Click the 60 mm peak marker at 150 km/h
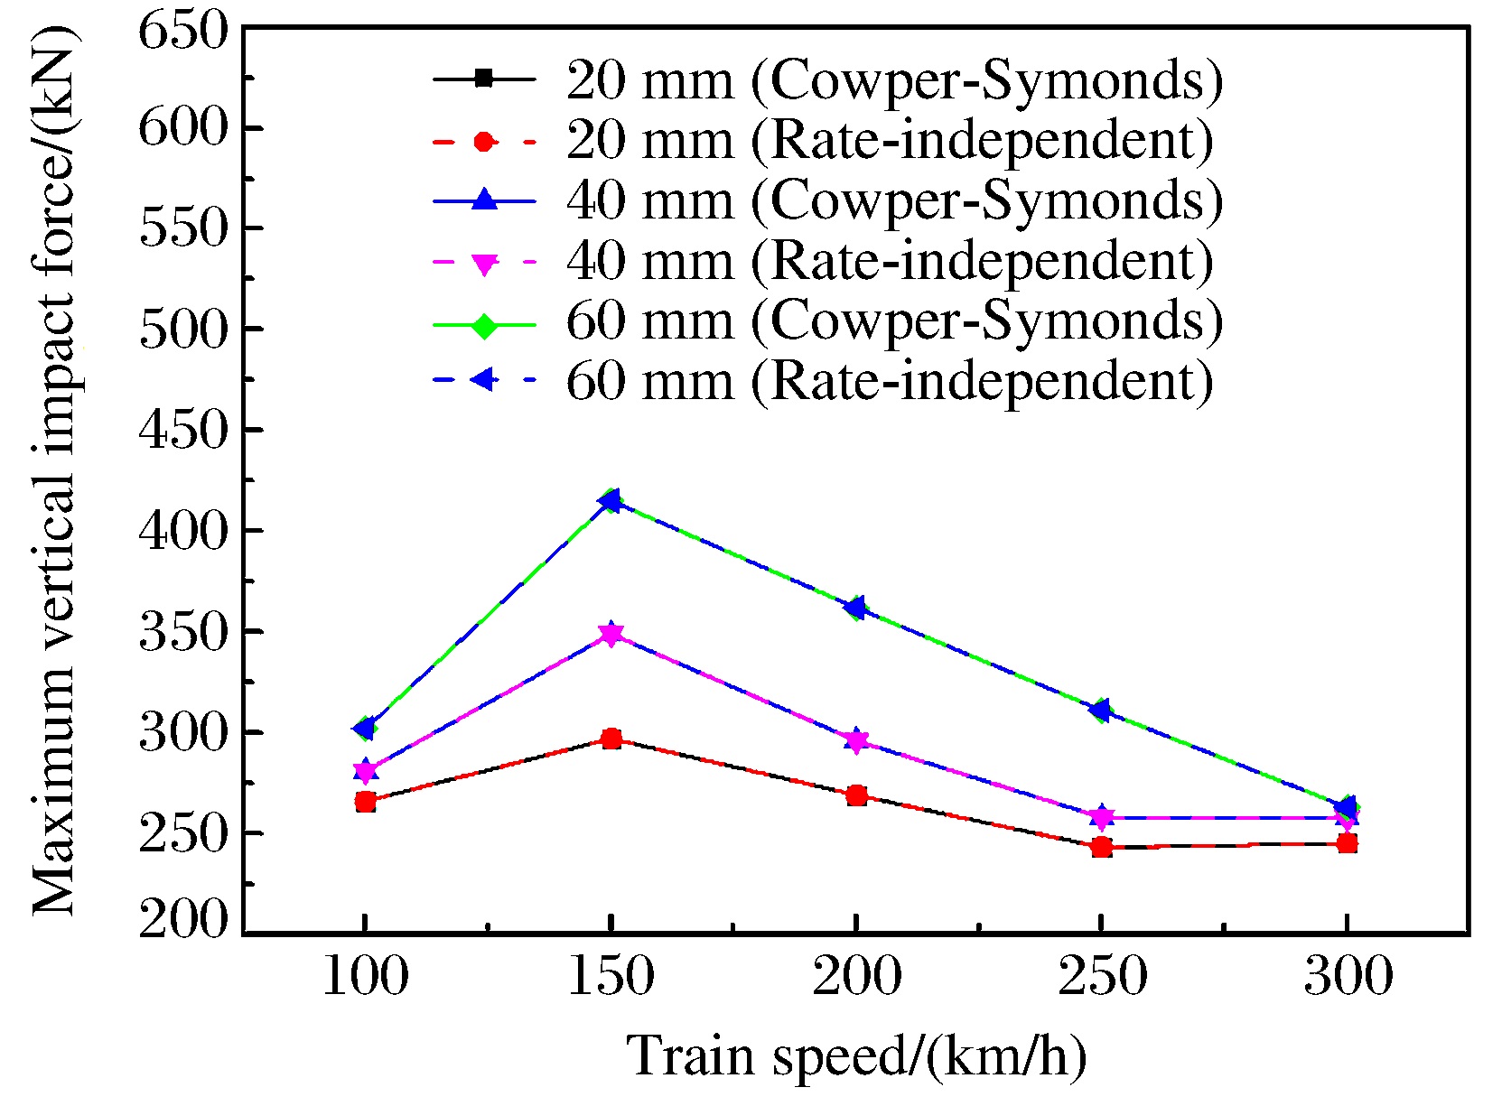611,500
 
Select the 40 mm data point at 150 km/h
611,634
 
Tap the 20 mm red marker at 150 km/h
611,739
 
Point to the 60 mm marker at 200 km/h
856,607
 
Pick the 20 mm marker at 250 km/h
1101,847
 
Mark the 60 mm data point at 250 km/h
1101,711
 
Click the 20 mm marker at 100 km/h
365,801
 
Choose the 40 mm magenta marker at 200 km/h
856,741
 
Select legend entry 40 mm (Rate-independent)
890,261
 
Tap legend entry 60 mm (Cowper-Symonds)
894,321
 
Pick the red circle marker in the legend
484,141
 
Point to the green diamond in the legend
484,323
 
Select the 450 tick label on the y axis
182,430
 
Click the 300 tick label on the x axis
1348,978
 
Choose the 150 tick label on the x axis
611,978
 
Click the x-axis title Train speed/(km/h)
856,1056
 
